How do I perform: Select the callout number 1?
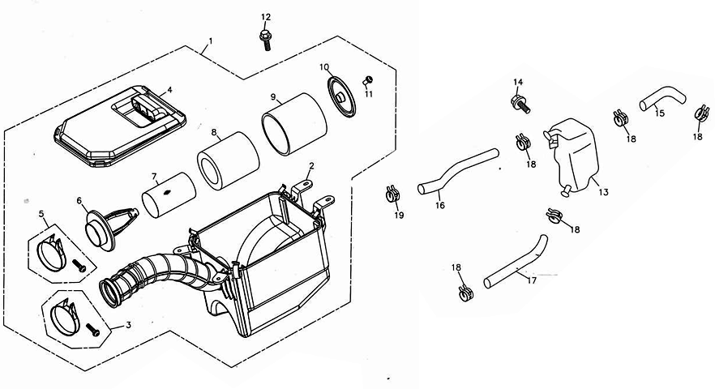click(x=210, y=41)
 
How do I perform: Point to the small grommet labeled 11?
click(x=367, y=81)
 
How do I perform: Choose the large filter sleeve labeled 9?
click(x=294, y=123)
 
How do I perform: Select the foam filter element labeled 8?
click(x=228, y=160)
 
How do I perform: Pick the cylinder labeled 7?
click(x=169, y=194)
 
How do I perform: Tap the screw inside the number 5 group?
click(x=79, y=266)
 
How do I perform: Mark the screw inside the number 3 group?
click(x=92, y=329)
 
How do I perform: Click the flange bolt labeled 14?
click(x=520, y=105)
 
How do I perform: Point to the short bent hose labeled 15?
click(x=663, y=99)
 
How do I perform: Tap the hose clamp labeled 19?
click(x=392, y=194)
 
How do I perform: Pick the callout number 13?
click(x=603, y=192)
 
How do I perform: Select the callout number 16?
click(x=439, y=205)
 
